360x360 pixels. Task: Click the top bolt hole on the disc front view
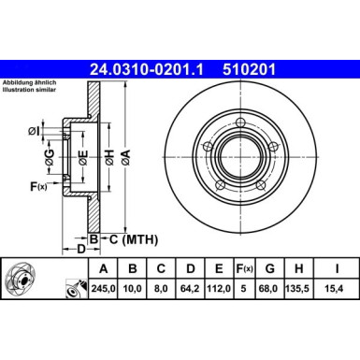[x=241, y=123]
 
